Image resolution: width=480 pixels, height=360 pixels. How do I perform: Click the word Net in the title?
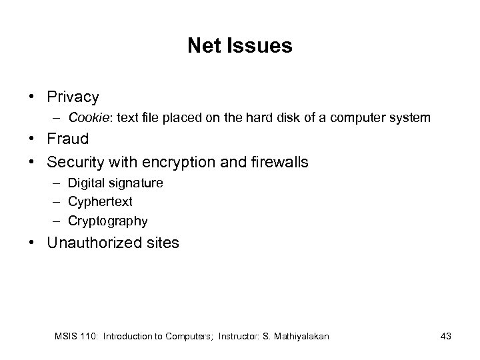click(x=203, y=45)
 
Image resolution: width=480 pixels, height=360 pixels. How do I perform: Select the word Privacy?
click(x=73, y=97)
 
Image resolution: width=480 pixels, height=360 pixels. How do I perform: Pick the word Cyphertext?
click(x=99, y=201)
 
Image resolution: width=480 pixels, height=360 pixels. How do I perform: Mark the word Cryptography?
click(x=107, y=221)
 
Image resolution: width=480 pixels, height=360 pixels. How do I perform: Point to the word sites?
click(x=162, y=242)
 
